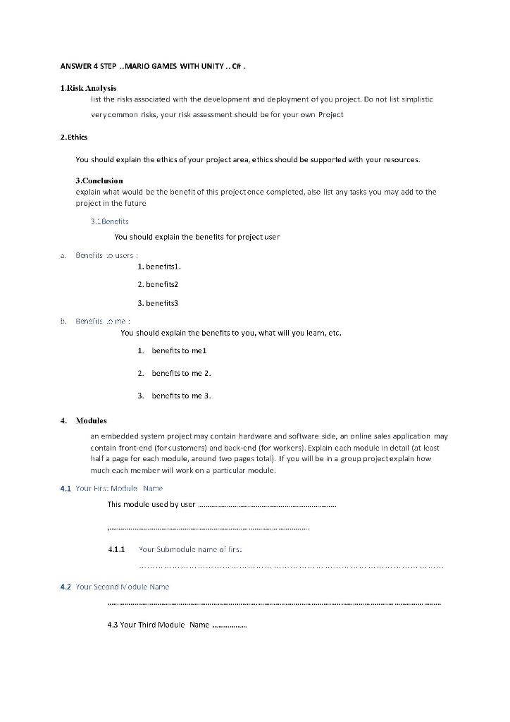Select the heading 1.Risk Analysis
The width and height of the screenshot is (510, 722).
point(88,87)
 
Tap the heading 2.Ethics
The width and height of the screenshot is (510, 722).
point(74,137)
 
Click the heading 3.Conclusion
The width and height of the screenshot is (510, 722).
point(99,180)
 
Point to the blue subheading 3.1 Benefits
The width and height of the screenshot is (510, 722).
point(109,221)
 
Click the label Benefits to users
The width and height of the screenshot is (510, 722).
point(106,255)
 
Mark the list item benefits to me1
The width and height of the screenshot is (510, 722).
point(179,350)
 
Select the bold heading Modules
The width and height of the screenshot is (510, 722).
point(91,420)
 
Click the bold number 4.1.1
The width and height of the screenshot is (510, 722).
point(116,549)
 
